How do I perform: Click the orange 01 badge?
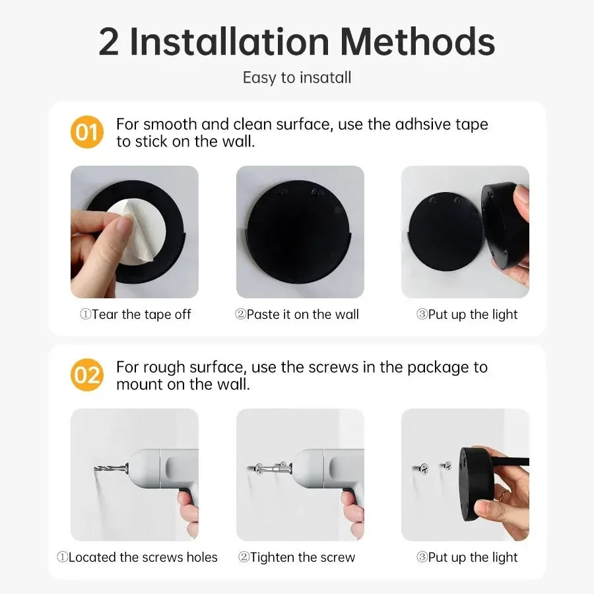click(x=86, y=132)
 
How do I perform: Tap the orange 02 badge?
click(x=86, y=375)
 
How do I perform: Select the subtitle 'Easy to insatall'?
click(x=297, y=77)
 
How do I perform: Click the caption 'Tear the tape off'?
click(x=135, y=315)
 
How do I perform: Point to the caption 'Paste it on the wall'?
click(x=297, y=315)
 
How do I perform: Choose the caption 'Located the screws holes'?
click(x=137, y=558)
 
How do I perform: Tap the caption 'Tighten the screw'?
click(x=296, y=558)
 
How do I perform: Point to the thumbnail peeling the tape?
click(x=135, y=232)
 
